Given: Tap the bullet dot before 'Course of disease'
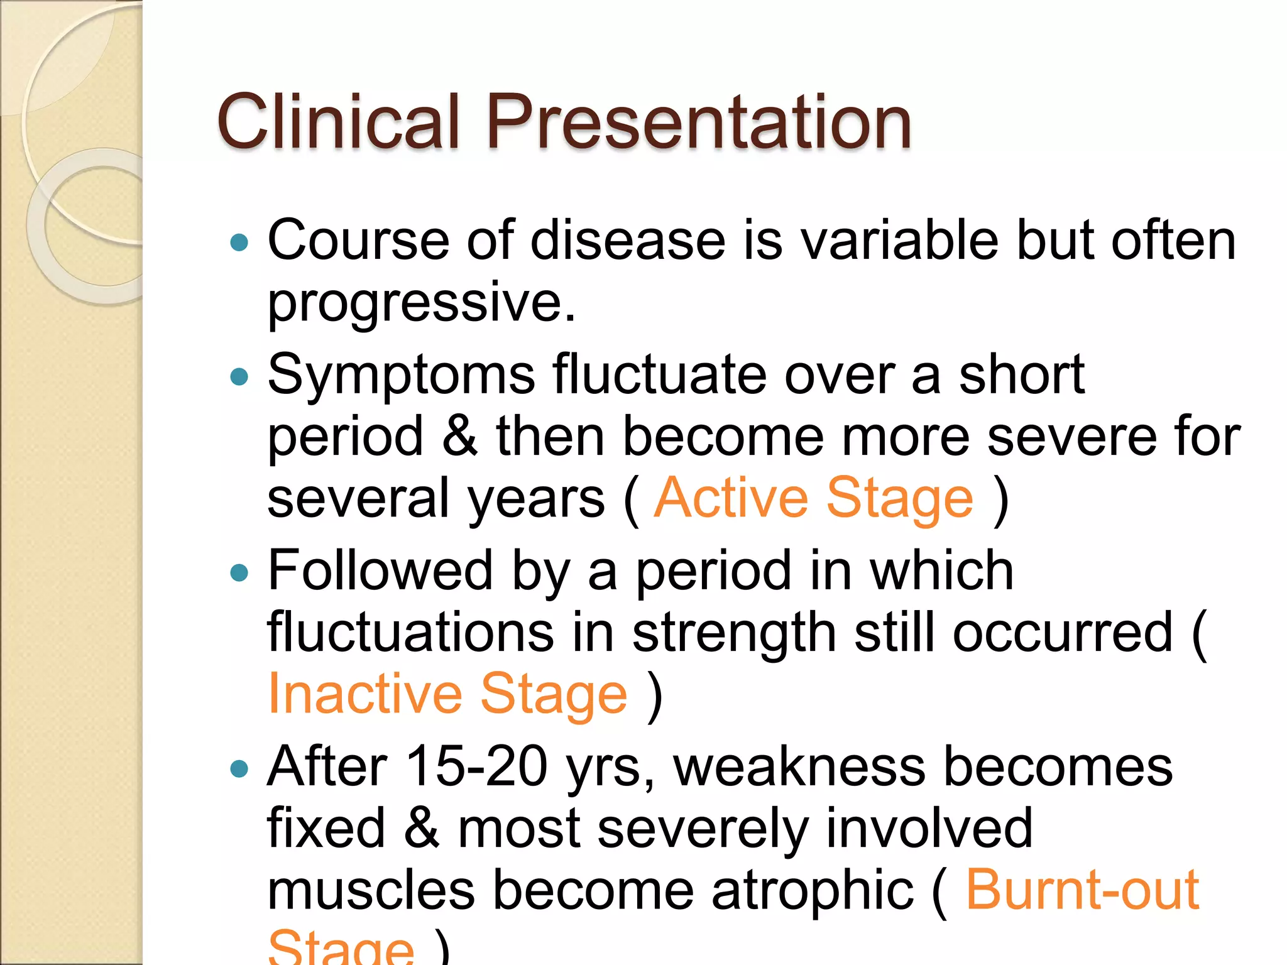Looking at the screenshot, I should click(239, 243).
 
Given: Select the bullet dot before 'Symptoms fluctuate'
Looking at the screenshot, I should click(239, 377).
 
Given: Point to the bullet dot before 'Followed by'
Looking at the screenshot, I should click(239, 573).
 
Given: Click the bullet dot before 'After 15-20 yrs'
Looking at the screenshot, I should click(239, 768).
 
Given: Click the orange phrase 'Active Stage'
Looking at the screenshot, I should click(814, 498).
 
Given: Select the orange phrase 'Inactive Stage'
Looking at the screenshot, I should click(447, 694).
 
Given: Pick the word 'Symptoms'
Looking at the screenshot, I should click(401, 376).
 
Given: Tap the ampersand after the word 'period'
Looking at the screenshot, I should click(459, 436).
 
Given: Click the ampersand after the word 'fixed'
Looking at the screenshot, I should click(421, 828).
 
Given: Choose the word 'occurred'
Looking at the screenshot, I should click(1062, 633).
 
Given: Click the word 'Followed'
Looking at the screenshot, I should click(380, 570).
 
